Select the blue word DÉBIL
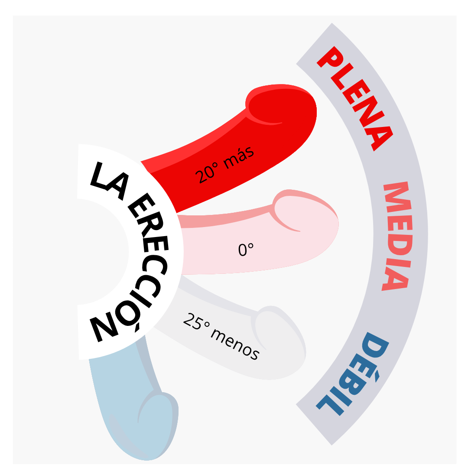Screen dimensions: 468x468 (x=353, y=374)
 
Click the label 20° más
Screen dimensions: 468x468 (x=224, y=165)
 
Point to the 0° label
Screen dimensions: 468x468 (x=246, y=250)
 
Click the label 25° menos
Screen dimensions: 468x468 (x=221, y=336)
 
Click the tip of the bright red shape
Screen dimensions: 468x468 (x=316, y=110)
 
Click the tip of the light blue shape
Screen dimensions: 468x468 (x=149, y=460)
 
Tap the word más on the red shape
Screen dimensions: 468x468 (x=239, y=157)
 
